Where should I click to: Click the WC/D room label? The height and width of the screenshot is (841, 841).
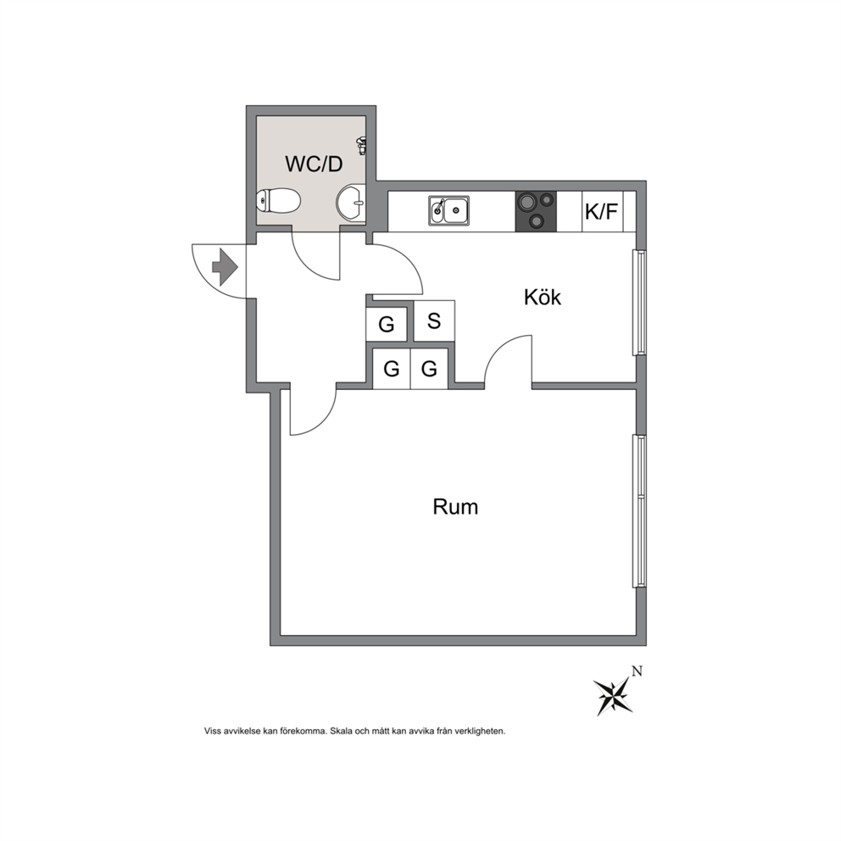point(314,164)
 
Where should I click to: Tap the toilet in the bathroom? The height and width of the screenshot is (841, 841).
point(278,201)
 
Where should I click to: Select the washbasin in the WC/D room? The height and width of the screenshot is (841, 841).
point(351,203)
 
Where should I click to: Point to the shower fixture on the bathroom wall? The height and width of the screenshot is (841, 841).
point(362,145)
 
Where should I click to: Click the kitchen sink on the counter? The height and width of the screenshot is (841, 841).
point(448,209)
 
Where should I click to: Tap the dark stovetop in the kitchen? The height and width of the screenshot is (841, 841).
point(536,211)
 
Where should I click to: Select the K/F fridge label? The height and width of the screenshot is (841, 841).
point(601,212)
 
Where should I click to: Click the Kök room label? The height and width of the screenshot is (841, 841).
point(543,297)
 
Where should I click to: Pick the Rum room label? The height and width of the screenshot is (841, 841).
point(455,507)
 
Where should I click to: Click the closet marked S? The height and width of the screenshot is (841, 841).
point(434,320)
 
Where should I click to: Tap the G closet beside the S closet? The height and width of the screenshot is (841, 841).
point(387,324)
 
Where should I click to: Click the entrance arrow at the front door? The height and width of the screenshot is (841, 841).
point(226,266)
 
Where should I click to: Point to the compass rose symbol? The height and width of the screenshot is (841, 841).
point(613,696)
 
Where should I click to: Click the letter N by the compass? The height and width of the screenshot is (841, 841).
point(638,671)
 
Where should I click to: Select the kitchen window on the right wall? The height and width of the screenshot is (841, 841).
point(639,302)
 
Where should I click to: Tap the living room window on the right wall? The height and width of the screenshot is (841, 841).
point(639,511)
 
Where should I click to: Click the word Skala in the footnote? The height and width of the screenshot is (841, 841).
point(342,731)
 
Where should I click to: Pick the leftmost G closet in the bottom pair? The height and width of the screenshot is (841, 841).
point(392,369)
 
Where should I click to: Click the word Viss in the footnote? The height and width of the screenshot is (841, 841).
point(213,731)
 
